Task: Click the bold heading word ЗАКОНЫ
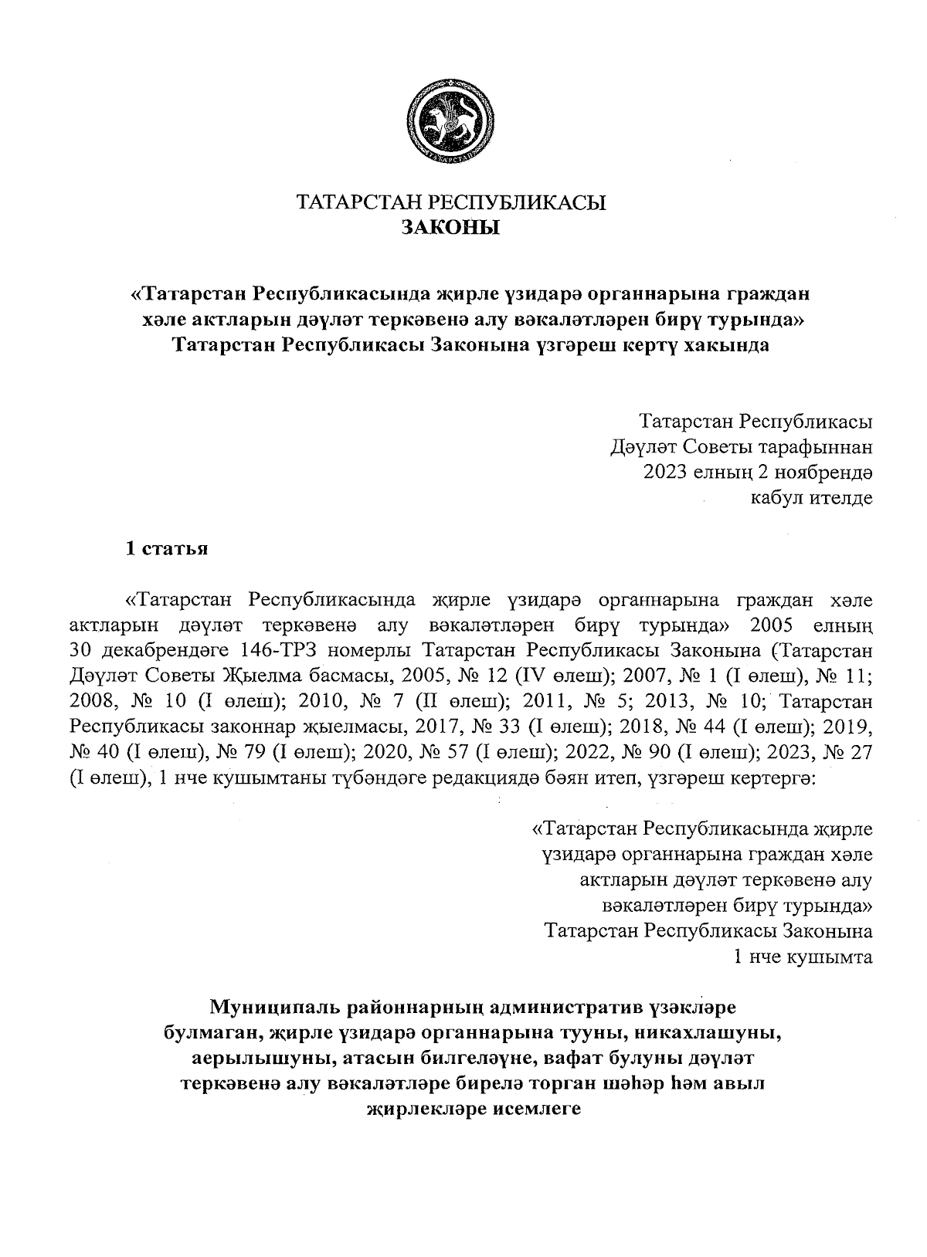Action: pos(451,227)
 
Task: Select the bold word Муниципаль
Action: pos(277,1008)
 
